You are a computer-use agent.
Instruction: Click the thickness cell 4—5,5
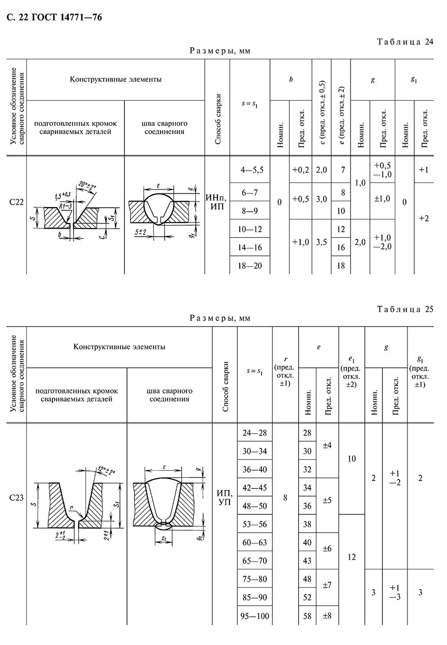(250, 170)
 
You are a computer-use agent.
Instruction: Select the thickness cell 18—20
(250, 265)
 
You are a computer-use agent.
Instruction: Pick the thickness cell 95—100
(254, 616)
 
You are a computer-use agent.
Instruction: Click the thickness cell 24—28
(254, 433)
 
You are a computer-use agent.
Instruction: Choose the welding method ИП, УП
(224, 498)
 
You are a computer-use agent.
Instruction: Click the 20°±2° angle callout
(89, 185)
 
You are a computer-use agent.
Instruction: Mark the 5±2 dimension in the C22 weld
(141, 232)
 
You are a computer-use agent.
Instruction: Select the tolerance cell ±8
(327, 616)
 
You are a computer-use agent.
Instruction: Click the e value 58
(307, 616)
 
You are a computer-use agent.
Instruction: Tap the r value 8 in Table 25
(285, 498)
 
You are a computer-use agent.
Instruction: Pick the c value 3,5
(321, 242)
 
